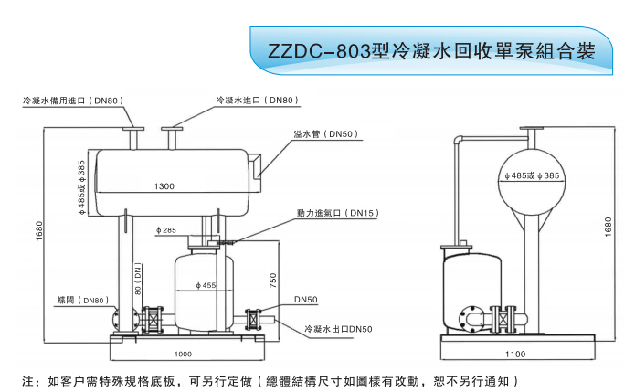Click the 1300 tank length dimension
[x=164, y=186]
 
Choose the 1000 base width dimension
[x=184, y=354]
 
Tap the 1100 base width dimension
[x=517, y=354]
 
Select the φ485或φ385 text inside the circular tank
[x=531, y=175]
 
